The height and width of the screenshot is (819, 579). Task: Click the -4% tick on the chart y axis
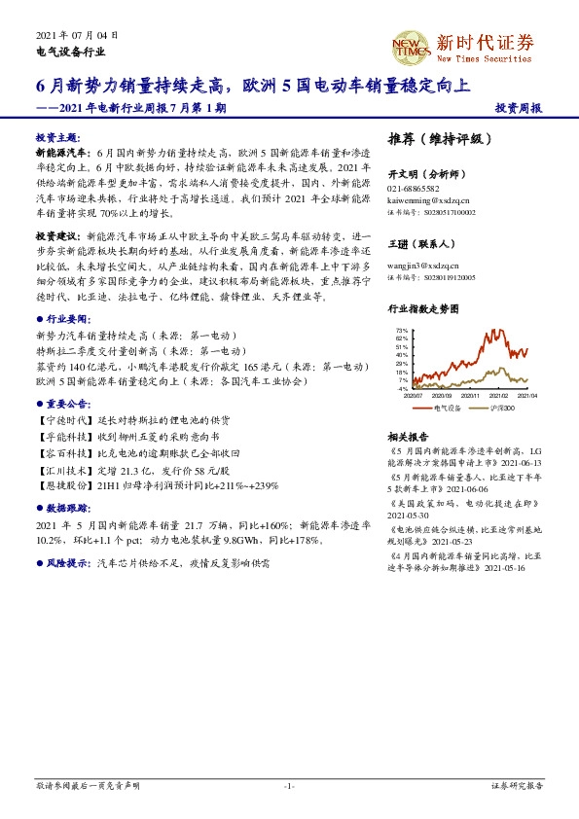pyautogui.click(x=402, y=388)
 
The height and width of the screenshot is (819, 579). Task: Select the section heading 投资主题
pyautogui.click(x=58, y=138)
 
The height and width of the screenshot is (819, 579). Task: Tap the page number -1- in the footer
pyautogui.click(x=288, y=785)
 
